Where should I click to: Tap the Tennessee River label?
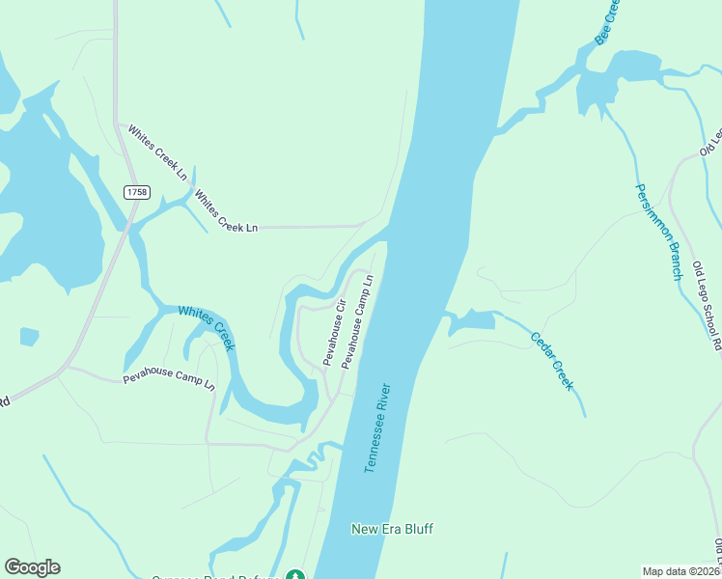(377, 428)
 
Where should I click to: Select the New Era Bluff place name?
(392, 529)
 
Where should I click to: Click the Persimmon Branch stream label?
(658, 232)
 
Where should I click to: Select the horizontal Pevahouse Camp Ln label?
(169, 378)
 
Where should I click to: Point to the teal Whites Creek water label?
(206, 329)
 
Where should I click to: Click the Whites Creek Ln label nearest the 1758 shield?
(157, 152)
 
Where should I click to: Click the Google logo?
(32, 567)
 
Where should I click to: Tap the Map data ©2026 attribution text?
(681, 571)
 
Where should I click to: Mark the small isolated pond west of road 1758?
(29, 336)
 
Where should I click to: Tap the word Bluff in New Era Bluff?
(417, 529)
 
